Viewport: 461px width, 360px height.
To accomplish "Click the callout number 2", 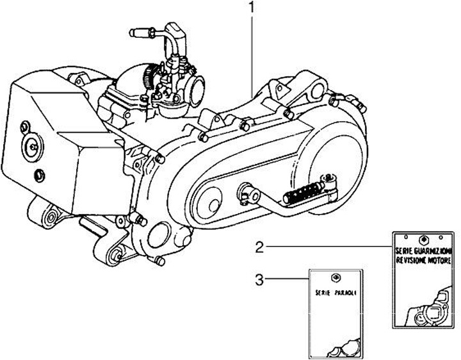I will click(x=259, y=246).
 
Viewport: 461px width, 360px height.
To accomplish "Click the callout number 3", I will click(x=259, y=279).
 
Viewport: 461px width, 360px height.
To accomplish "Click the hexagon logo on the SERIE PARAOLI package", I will click(x=335, y=277).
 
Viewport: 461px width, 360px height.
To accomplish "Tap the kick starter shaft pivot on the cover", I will click(x=245, y=189).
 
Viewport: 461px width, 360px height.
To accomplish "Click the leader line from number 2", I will click(x=327, y=246).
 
